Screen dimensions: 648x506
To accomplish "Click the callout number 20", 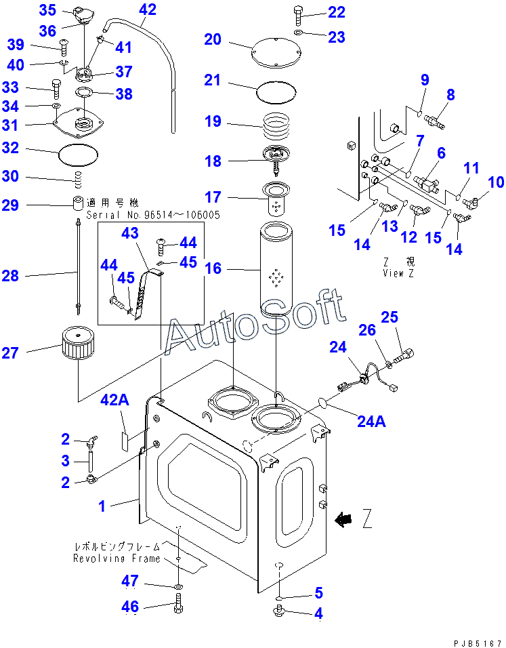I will tap(213, 40).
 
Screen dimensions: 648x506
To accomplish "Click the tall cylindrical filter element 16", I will tap(276, 271).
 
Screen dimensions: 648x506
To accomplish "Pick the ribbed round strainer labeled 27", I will tap(80, 344).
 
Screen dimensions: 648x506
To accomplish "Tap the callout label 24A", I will tap(372, 422).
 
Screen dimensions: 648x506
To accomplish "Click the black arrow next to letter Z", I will tap(344, 521).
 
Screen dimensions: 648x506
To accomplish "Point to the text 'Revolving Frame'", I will tap(117, 559).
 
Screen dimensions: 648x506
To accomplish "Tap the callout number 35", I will tap(47, 10).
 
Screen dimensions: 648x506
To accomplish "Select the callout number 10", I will tap(496, 182).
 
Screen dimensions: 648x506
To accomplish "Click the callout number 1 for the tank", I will tap(102, 505).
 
